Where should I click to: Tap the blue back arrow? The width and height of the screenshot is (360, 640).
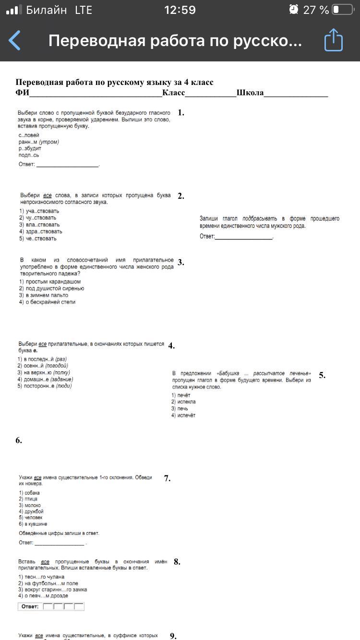[x=15, y=41]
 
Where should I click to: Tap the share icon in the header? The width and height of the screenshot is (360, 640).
[x=334, y=40]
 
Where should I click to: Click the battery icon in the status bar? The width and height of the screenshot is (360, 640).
[x=343, y=10]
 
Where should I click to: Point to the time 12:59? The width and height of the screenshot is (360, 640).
[x=180, y=10]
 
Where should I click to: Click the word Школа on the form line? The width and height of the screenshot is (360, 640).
[x=250, y=93]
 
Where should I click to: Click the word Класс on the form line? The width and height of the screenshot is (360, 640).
[x=173, y=93]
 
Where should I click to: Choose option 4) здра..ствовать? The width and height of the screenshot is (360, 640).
[x=41, y=231]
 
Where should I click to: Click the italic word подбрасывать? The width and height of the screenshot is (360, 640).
[x=260, y=219]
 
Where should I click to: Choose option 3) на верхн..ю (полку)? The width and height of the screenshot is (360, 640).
[x=44, y=372]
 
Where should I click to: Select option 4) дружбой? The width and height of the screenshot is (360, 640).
[x=31, y=511]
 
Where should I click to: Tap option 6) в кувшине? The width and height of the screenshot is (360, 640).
[x=33, y=524]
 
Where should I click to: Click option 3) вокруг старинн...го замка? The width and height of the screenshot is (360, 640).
[x=53, y=590]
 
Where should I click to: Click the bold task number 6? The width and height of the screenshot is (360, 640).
[x=19, y=440]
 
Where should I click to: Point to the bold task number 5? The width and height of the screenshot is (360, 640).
[x=322, y=375]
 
